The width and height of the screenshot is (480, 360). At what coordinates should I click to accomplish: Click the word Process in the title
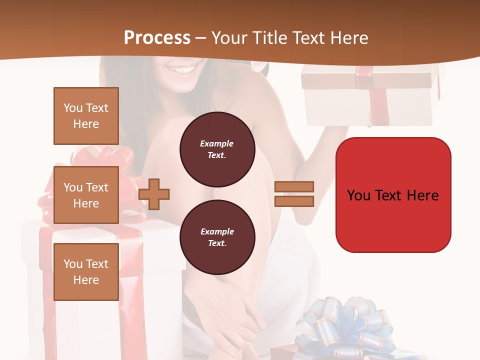[157, 38]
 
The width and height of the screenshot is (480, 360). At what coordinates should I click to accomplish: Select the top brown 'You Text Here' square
[86, 116]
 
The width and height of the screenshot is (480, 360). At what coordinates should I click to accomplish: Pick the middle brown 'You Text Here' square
[86, 195]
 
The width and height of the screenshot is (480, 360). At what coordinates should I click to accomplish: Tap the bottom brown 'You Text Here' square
[86, 271]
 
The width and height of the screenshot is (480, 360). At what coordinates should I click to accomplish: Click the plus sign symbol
[154, 193]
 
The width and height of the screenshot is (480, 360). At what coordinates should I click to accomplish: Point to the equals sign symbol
[294, 194]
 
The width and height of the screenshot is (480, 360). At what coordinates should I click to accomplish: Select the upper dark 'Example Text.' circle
[217, 149]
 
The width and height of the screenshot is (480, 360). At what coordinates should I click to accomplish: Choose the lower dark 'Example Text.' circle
[217, 237]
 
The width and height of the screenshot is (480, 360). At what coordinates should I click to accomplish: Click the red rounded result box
[393, 195]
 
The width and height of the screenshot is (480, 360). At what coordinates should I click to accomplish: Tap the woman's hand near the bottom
[240, 315]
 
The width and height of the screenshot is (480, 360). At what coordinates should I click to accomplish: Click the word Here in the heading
[349, 38]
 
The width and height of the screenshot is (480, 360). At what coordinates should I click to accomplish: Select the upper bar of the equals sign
[294, 187]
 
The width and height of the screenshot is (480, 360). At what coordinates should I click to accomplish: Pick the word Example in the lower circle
[217, 231]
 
